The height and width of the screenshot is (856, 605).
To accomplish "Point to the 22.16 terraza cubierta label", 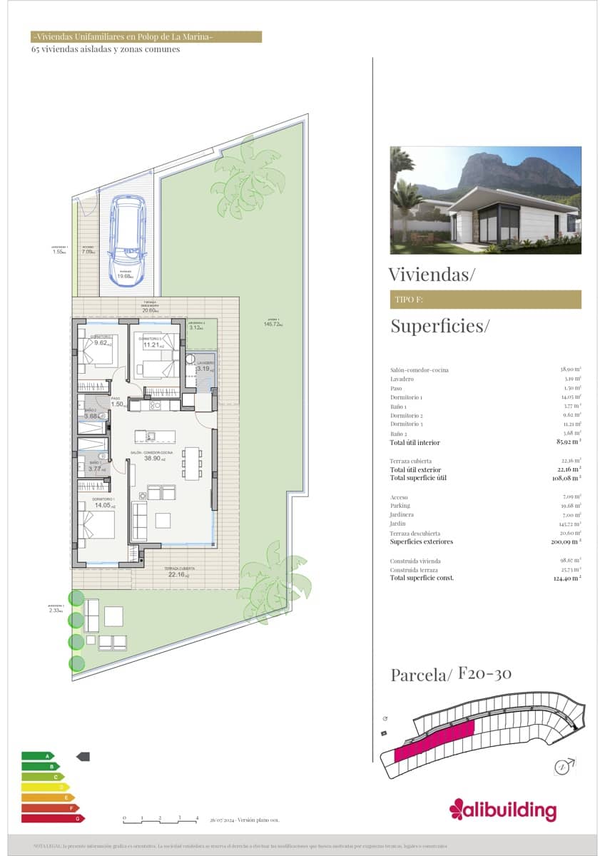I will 176,574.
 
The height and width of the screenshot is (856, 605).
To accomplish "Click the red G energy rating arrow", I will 54,818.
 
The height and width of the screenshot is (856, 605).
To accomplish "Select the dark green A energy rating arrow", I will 38,755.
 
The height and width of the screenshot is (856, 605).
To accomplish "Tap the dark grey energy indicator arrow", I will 83,755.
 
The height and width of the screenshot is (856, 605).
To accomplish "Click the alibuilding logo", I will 502,810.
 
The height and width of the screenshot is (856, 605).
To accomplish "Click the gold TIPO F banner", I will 485,300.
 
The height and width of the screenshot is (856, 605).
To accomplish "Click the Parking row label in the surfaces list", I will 400,506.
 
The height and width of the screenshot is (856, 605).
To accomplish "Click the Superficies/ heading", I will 440,327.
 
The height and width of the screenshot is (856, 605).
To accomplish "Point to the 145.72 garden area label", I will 272,324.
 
